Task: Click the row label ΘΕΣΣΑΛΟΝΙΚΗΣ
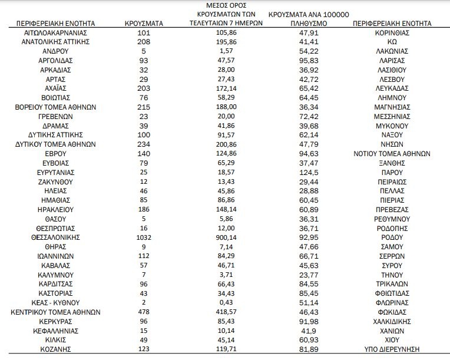55,237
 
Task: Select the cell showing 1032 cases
145,237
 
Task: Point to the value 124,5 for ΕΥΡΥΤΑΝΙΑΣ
309,172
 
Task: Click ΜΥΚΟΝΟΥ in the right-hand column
392,125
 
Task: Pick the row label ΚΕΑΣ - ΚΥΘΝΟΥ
55,302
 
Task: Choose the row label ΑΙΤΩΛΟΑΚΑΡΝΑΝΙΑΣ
55,33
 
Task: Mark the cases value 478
145,312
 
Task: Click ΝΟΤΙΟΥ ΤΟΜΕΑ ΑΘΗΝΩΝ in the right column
392,154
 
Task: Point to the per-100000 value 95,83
309,61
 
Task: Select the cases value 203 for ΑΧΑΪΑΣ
145,88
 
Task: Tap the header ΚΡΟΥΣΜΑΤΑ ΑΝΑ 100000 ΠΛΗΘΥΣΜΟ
309,18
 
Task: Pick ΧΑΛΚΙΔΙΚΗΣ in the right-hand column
392,321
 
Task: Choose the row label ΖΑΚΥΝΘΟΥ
55,181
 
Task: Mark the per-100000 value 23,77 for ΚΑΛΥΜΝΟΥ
309,275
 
